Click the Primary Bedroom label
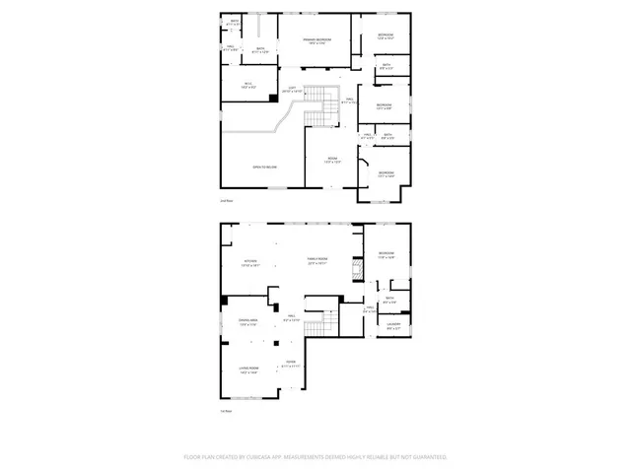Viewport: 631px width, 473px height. pos(316,40)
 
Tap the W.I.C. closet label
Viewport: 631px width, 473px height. pos(248,84)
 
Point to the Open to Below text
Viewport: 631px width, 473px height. pos(264,167)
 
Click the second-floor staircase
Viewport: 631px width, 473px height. pos(317,106)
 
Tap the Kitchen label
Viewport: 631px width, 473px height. pos(250,262)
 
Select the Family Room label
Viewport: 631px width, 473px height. pos(315,261)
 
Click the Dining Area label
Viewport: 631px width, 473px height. pos(249,321)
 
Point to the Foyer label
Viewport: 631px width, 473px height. pos(291,365)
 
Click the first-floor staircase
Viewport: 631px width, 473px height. pos(315,329)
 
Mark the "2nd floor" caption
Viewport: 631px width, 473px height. pos(226,201)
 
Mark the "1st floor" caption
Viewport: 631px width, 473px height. pos(226,412)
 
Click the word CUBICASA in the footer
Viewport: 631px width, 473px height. pos(265,457)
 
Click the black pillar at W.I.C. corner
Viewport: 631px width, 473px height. pos(276,70)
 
